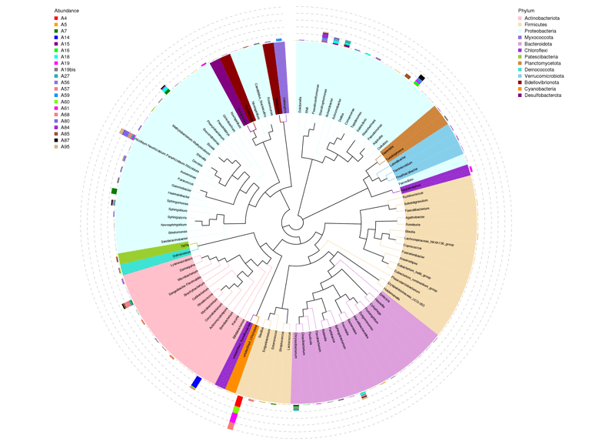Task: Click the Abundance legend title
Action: pyautogui.click(x=66, y=10)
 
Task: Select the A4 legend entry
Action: pyautogui.click(x=64, y=18)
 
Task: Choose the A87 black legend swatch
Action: pyautogui.click(x=56, y=140)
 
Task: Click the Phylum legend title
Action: pyautogui.click(x=527, y=10)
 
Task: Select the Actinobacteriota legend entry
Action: pyautogui.click(x=542, y=18)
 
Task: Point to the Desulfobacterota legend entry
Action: pyautogui.click(x=543, y=95)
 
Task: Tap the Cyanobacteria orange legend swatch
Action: pyautogui.click(x=520, y=89)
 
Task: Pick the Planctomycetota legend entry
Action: pyautogui.click(x=542, y=63)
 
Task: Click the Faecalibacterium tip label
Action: pyautogui.click(x=418, y=209)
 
